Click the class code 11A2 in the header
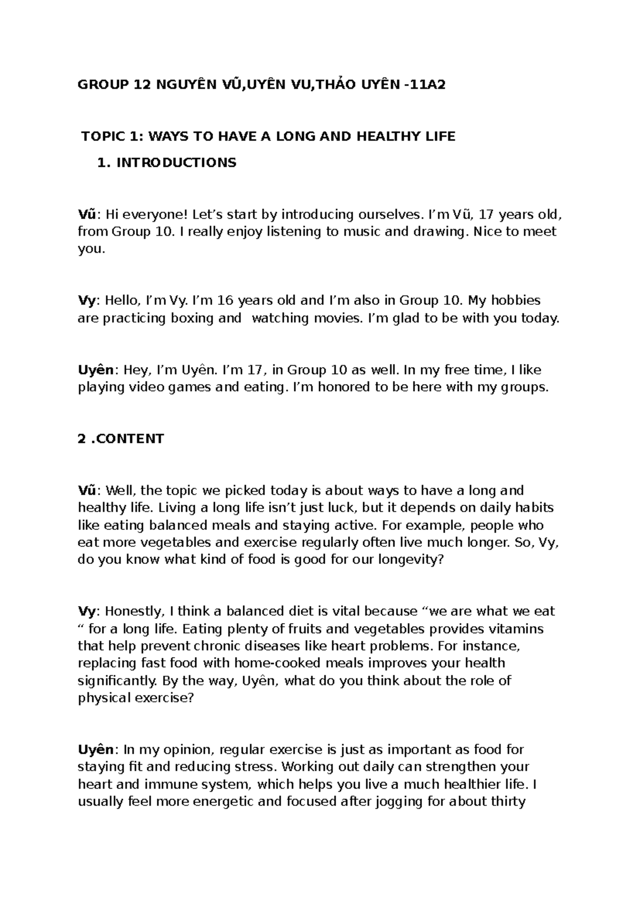tap(427, 84)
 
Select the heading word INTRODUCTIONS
tap(176, 163)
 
